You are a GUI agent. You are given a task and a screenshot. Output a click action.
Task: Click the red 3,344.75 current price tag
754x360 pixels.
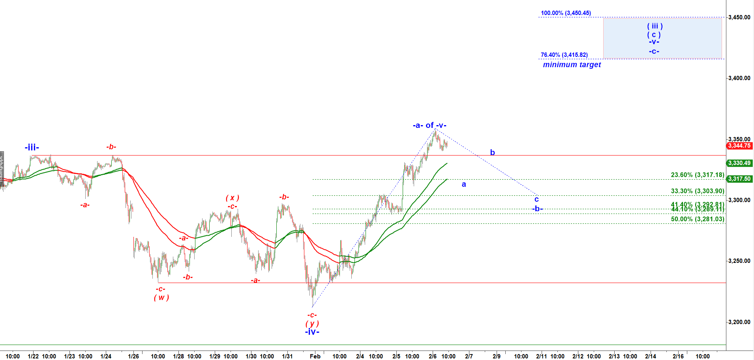739,146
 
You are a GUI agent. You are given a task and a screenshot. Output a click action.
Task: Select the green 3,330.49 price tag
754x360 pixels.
739,163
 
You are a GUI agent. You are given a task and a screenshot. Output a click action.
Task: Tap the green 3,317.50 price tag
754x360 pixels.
739,179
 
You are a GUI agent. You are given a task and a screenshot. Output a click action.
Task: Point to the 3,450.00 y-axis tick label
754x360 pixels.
739,17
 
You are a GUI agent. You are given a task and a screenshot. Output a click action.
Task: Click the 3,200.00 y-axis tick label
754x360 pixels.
739,322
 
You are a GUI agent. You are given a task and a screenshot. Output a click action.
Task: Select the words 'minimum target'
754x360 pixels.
572,65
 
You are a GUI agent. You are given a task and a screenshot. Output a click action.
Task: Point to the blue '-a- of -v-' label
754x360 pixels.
430,126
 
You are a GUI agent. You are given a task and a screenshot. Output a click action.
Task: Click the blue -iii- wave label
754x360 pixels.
32,148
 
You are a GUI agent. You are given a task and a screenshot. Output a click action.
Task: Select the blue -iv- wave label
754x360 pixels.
312,332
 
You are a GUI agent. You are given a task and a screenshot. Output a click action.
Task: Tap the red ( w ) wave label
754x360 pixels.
161,298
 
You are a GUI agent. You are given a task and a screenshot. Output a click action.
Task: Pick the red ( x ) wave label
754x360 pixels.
233,198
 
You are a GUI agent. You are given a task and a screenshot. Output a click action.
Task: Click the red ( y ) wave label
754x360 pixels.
312,324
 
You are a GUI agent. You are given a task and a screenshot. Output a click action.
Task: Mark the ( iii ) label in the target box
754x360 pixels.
655,26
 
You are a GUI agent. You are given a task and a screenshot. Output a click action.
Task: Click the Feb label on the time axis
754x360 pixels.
315,356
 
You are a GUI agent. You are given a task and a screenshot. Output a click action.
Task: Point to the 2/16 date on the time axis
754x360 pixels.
678,356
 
